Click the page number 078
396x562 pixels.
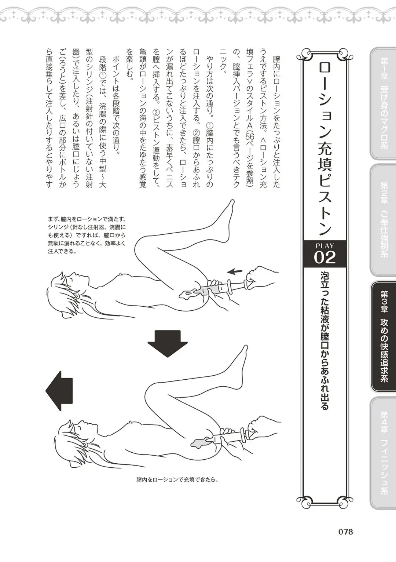(345, 532)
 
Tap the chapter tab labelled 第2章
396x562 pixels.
(384, 220)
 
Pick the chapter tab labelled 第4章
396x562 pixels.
(384, 453)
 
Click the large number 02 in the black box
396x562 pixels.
(324, 258)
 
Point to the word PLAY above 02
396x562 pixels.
(324, 246)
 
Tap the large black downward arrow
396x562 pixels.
(168, 343)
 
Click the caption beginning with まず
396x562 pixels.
(87, 235)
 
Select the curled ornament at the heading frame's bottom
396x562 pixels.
(324, 500)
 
